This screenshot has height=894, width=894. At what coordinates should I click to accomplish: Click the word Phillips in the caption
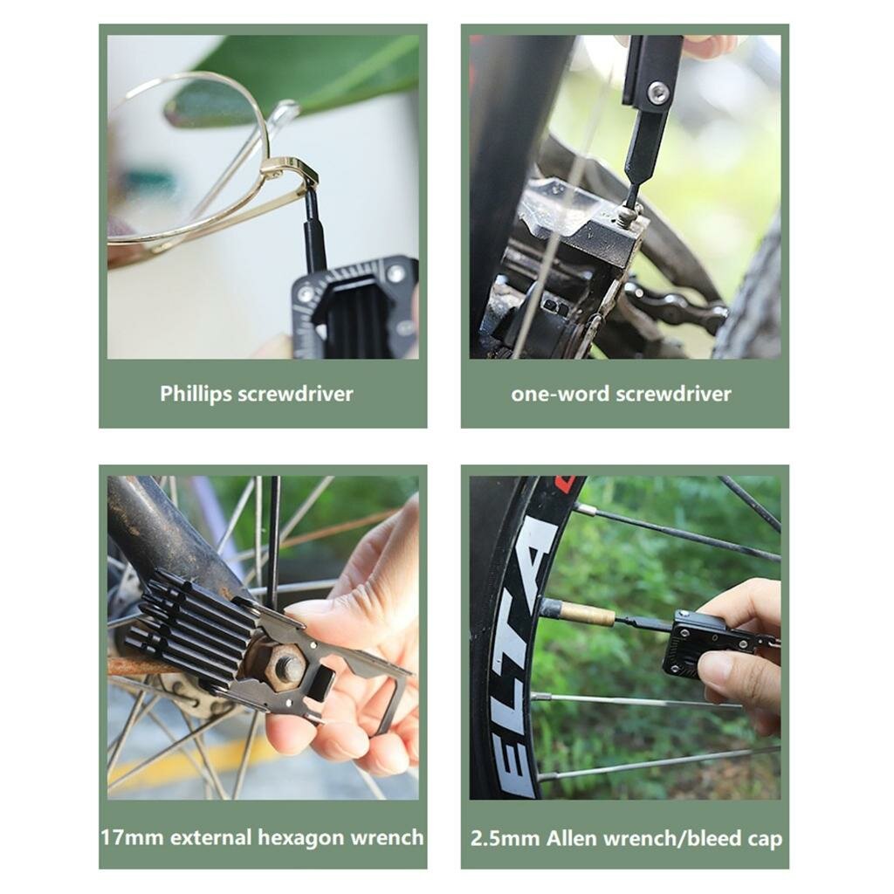[x=196, y=395]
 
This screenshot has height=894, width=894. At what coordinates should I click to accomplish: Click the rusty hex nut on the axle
[x=280, y=664]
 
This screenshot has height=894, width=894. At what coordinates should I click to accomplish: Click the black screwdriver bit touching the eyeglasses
[x=313, y=228]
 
